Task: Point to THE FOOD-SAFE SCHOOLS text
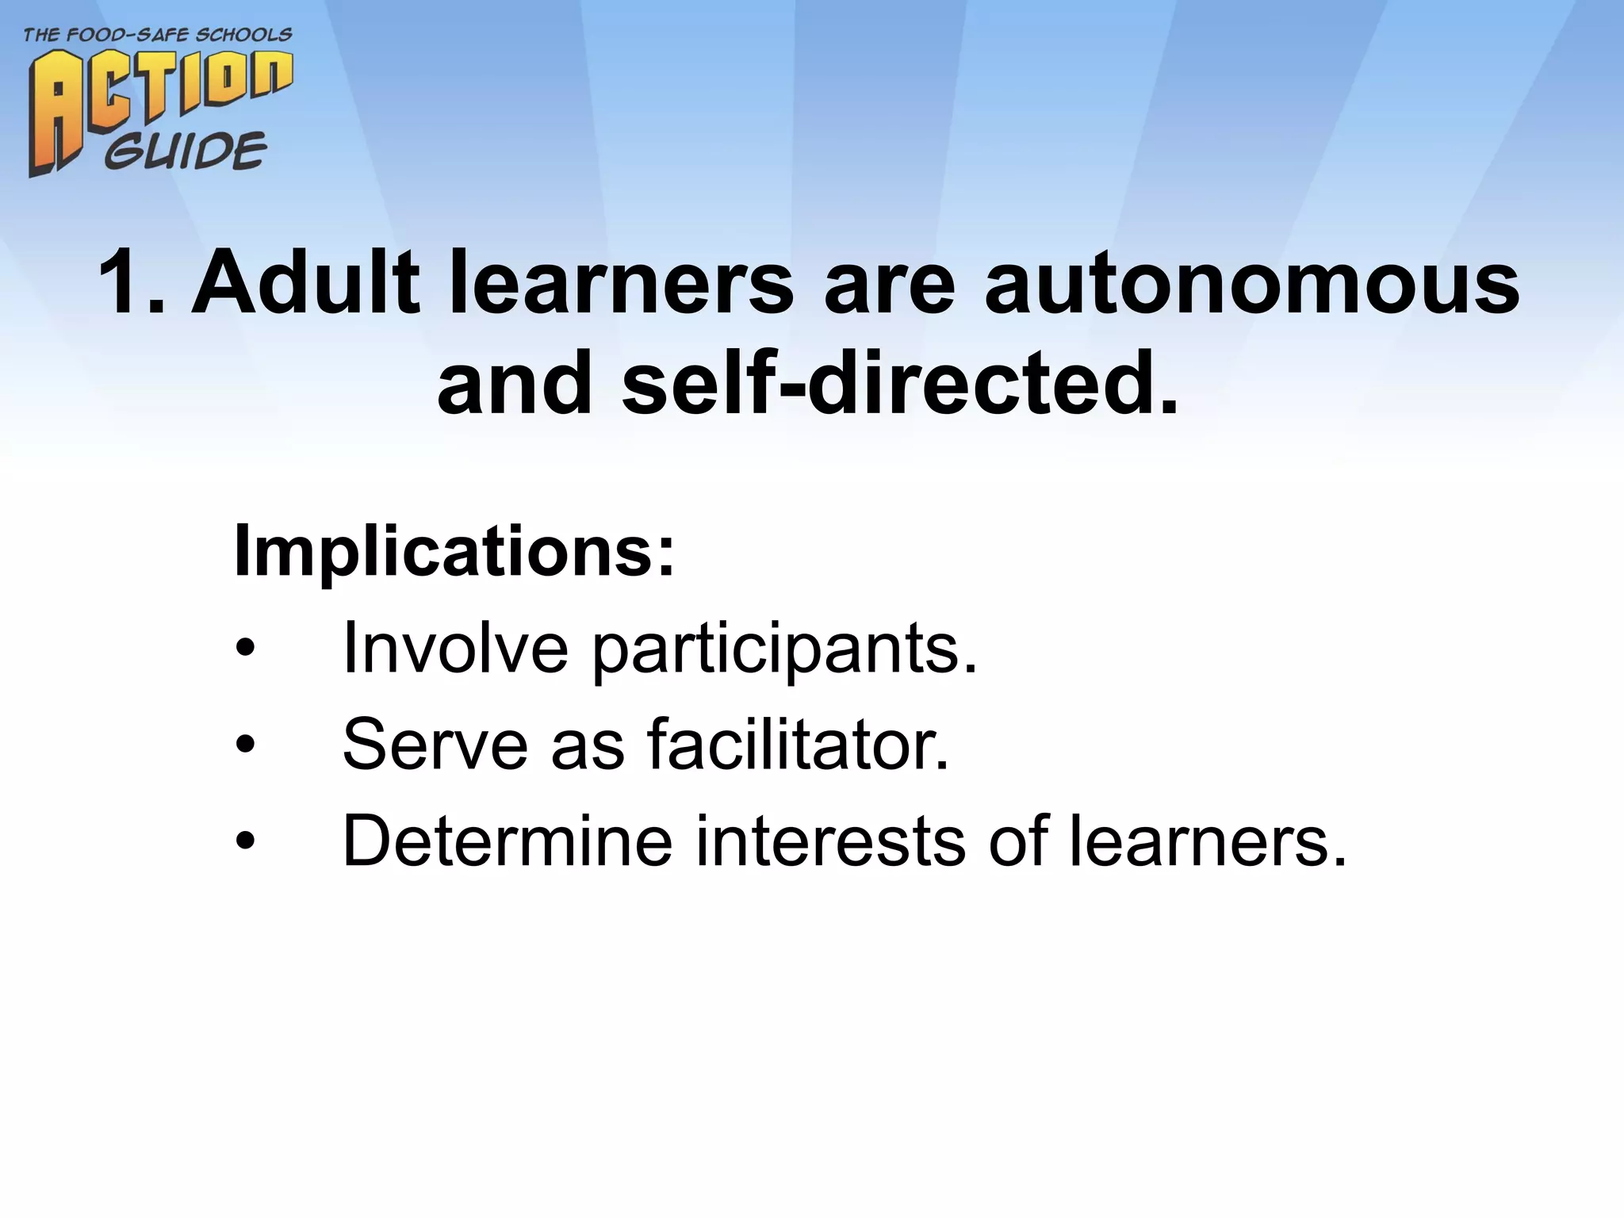[x=158, y=35]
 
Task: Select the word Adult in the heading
[x=306, y=283]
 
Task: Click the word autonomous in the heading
[x=1251, y=283]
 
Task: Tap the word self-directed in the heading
[x=899, y=383]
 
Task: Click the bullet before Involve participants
[x=246, y=649]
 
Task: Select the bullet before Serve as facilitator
[x=246, y=745]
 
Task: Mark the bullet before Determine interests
[x=246, y=841]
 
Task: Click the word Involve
[x=455, y=649]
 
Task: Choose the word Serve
[x=435, y=745]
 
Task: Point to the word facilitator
[x=798, y=745]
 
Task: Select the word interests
[x=831, y=841]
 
